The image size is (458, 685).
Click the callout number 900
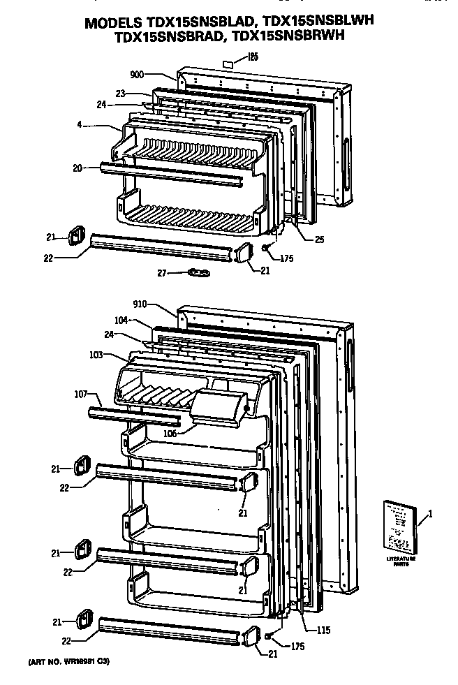(138, 73)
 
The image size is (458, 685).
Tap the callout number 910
(141, 305)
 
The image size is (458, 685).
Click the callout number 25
(319, 240)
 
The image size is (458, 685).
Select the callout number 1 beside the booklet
(430, 515)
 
